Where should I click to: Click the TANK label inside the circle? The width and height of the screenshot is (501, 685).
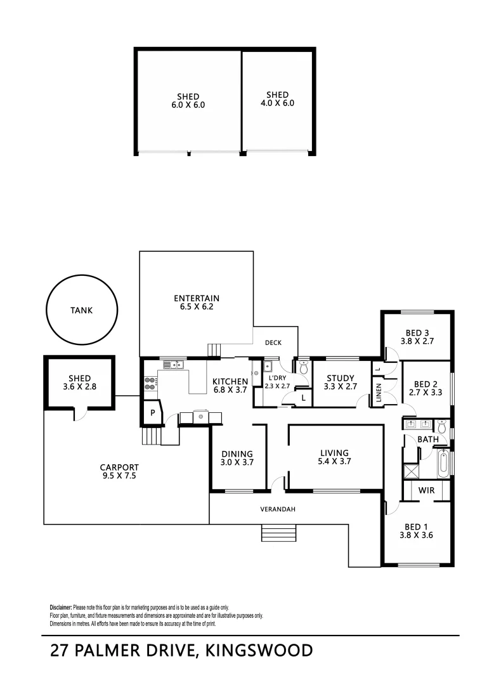tap(81, 311)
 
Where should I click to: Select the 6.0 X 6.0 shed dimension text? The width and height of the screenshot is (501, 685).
tap(188, 106)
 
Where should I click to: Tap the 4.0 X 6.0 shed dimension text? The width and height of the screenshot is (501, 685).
tap(277, 103)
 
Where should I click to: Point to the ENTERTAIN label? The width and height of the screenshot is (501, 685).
tap(197, 298)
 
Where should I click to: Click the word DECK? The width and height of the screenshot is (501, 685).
tap(273, 343)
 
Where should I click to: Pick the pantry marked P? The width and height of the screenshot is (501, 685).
tap(153, 412)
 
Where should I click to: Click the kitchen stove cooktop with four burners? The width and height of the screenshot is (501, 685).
tap(151, 382)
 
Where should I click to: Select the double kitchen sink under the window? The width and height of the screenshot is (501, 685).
tap(172, 364)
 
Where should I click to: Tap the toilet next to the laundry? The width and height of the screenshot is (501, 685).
tap(303, 368)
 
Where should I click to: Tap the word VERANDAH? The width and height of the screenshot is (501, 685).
tap(278, 509)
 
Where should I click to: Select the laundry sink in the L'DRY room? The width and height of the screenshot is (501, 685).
tap(268, 366)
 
